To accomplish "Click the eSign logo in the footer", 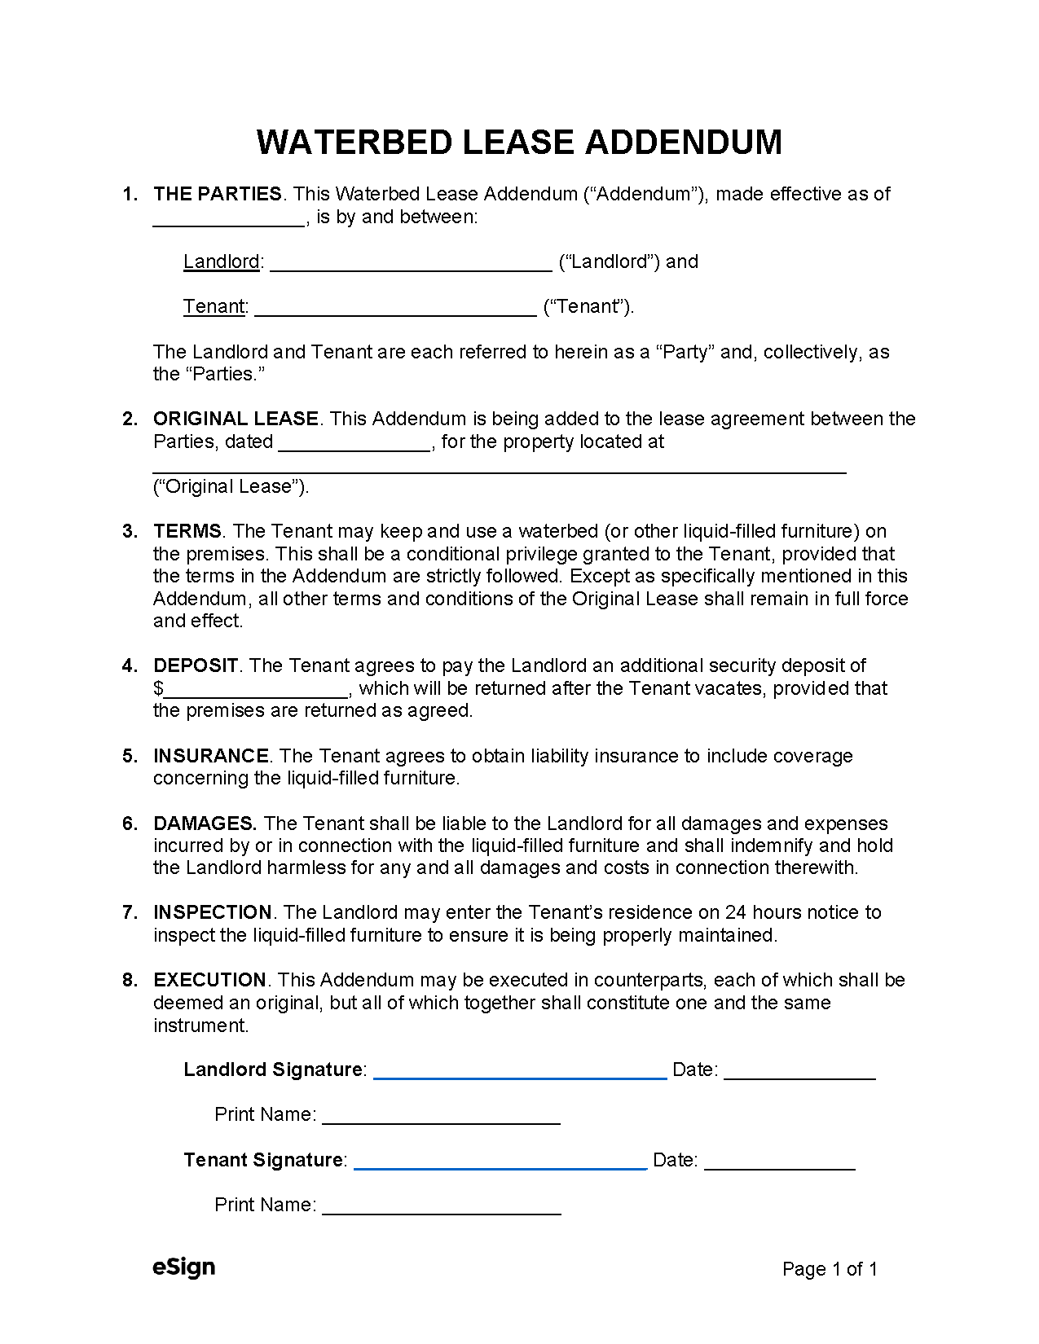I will tap(184, 1267).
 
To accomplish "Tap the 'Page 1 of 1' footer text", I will tap(829, 1269).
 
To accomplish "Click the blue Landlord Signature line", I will tap(520, 1073).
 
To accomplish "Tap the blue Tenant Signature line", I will tap(500, 1163).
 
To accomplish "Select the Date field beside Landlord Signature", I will tap(799, 1073).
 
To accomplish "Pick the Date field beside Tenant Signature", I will tap(779, 1163).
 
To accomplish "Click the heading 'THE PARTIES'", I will tap(217, 194).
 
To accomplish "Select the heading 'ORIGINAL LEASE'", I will tap(236, 419).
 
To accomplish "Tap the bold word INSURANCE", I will tap(211, 756).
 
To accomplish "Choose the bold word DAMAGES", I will tap(205, 824).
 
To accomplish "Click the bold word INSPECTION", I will tap(213, 912).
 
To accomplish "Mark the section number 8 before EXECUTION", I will tap(129, 980).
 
